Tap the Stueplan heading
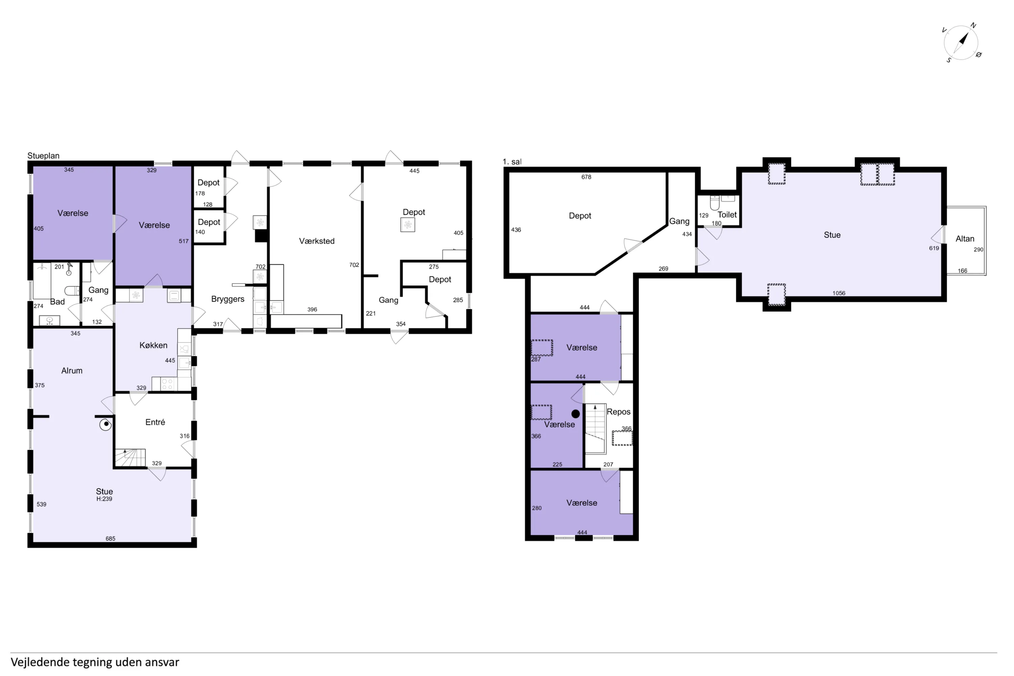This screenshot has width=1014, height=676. pos(44,155)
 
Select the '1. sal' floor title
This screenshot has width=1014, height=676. pos(512,162)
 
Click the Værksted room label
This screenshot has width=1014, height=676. pos(317,241)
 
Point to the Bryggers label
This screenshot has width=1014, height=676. pos(227,299)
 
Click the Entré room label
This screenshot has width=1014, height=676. pos(155,422)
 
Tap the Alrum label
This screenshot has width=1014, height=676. pos(72,370)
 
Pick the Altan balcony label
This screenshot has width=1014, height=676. pos(965,239)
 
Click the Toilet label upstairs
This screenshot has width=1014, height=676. pos(727,214)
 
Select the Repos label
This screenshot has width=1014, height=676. pos(619,412)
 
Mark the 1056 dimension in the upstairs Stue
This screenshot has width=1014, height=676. pos(839,293)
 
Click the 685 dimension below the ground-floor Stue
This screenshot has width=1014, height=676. pos(111,538)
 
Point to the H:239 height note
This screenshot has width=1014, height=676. pos(104,499)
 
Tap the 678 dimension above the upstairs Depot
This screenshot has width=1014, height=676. pos(586,177)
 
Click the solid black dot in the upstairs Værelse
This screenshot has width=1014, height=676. pos(576,414)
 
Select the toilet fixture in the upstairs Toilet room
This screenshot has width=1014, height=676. pos(715,202)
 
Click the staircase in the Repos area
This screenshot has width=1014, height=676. pos(595,429)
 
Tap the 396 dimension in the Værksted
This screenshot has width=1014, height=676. pos(312,310)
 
